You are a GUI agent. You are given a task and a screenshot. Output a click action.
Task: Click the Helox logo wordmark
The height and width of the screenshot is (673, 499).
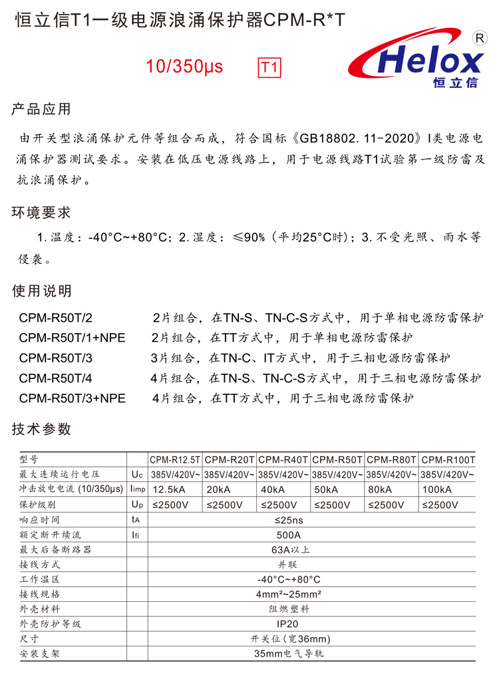[x=428, y=62]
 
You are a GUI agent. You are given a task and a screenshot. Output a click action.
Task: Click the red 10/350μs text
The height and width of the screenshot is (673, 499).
[x=185, y=67]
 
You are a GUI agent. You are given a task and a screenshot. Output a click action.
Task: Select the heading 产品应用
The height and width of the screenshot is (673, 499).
[x=41, y=110]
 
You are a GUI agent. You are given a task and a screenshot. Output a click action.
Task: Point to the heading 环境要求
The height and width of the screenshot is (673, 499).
[x=41, y=213]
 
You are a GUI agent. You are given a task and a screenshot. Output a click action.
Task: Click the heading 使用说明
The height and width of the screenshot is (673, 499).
[x=41, y=291]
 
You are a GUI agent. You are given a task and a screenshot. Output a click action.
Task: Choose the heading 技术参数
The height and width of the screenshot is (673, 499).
[x=41, y=429]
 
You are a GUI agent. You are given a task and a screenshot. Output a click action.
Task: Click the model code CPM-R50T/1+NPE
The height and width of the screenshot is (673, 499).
[x=72, y=338]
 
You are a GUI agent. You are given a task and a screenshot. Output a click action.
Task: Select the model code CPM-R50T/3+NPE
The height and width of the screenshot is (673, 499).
[x=72, y=398]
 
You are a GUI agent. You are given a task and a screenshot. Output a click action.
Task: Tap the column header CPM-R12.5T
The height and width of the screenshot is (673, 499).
[x=174, y=460]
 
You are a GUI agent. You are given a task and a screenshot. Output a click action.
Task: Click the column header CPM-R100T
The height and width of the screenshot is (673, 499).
[x=448, y=460]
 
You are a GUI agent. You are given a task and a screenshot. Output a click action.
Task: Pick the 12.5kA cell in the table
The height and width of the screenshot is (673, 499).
[x=169, y=489]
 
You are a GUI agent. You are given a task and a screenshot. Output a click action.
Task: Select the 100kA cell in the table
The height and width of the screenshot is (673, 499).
[x=436, y=489]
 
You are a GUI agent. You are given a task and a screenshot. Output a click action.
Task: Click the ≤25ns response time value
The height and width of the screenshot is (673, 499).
[x=288, y=520]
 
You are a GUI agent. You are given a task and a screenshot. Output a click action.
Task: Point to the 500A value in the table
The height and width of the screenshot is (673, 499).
[x=288, y=535]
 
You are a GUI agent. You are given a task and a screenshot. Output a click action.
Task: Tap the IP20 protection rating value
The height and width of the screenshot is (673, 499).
[x=288, y=624]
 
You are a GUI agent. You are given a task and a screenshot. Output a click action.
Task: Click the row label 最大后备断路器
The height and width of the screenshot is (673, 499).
[x=55, y=550]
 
